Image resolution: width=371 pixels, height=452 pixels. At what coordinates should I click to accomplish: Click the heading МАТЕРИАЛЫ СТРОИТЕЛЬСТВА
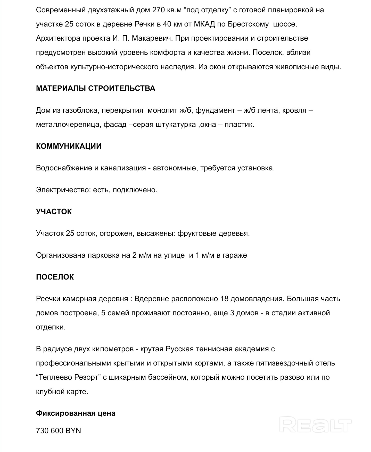tap(95, 88)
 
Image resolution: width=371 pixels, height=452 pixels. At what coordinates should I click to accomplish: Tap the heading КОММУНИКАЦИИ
tap(69, 146)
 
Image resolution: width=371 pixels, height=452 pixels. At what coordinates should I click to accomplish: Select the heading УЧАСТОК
tap(54, 212)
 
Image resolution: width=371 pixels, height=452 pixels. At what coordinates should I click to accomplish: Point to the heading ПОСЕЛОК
tap(55, 277)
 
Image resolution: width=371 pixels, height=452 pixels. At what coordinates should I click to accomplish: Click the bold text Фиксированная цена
tap(76, 413)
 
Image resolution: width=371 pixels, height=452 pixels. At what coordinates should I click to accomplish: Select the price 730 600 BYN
tap(59, 431)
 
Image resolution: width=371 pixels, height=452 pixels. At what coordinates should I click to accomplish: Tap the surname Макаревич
tap(152, 38)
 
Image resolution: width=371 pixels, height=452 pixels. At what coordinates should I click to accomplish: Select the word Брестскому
tap(248, 24)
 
